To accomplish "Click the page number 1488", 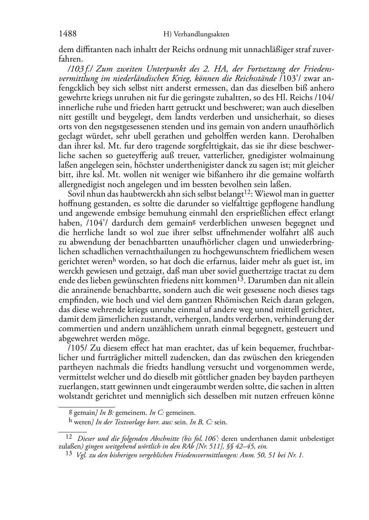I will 68,34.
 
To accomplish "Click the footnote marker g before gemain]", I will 71,411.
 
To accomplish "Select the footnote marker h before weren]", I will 71,421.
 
